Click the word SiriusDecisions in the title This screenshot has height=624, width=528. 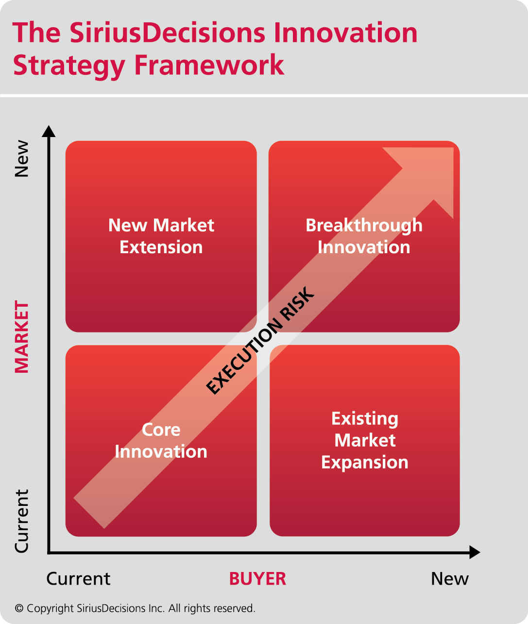click(x=168, y=32)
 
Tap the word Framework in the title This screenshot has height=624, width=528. click(x=209, y=65)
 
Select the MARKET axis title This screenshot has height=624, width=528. click(x=22, y=337)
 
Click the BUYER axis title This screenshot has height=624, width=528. click(x=257, y=579)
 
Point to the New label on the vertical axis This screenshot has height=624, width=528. click(x=22, y=158)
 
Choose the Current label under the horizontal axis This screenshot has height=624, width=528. click(x=78, y=579)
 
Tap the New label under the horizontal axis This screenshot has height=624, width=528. click(x=450, y=579)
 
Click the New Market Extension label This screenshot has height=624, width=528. click(x=161, y=236)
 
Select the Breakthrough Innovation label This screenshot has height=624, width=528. click(x=364, y=236)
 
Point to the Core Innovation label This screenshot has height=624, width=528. click(x=161, y=440)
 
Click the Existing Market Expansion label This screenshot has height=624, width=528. click(x=365, y=440)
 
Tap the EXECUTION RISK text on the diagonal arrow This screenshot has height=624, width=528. click(x=260, y=340)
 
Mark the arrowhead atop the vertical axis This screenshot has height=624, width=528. click(x=49, y=131)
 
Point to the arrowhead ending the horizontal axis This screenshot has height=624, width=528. click(x=475, y=552)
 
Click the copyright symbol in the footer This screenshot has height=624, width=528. click(x=19, y=608)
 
